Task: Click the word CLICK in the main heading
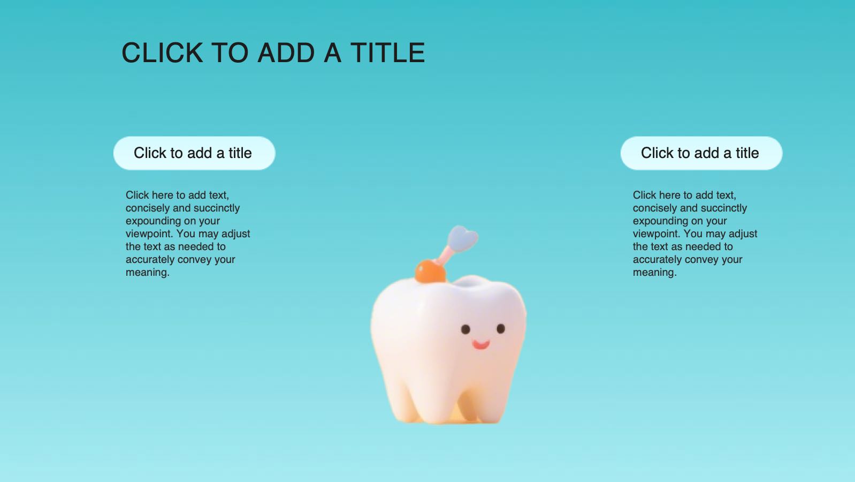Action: (162, 52)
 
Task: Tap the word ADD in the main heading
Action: (286, 52)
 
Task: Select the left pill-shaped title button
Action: (194, 153)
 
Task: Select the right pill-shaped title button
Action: (701, 153)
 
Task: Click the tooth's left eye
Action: (465, 329)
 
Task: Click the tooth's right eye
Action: (501, 328)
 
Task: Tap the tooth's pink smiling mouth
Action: (480, 344)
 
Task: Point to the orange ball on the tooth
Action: (430, 271)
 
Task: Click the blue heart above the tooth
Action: (463, 239)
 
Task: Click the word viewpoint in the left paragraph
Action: (149, 234)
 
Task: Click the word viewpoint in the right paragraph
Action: (656, 234)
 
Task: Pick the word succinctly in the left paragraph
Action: (217, 208)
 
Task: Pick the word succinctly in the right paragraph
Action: (724, 208)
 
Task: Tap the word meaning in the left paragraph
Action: (147, 273)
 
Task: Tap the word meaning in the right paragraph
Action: (654, 273)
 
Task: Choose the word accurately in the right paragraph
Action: (657, 260)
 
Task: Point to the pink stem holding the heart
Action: (444, 255)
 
